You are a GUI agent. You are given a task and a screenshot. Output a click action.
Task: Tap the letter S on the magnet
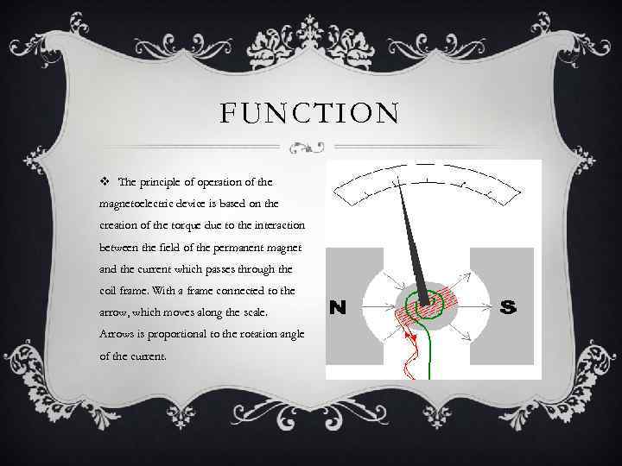click(510, 306)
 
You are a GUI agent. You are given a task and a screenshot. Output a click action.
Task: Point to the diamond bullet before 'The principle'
click(105, 182)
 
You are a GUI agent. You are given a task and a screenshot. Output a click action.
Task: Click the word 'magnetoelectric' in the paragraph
click(143, 205)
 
